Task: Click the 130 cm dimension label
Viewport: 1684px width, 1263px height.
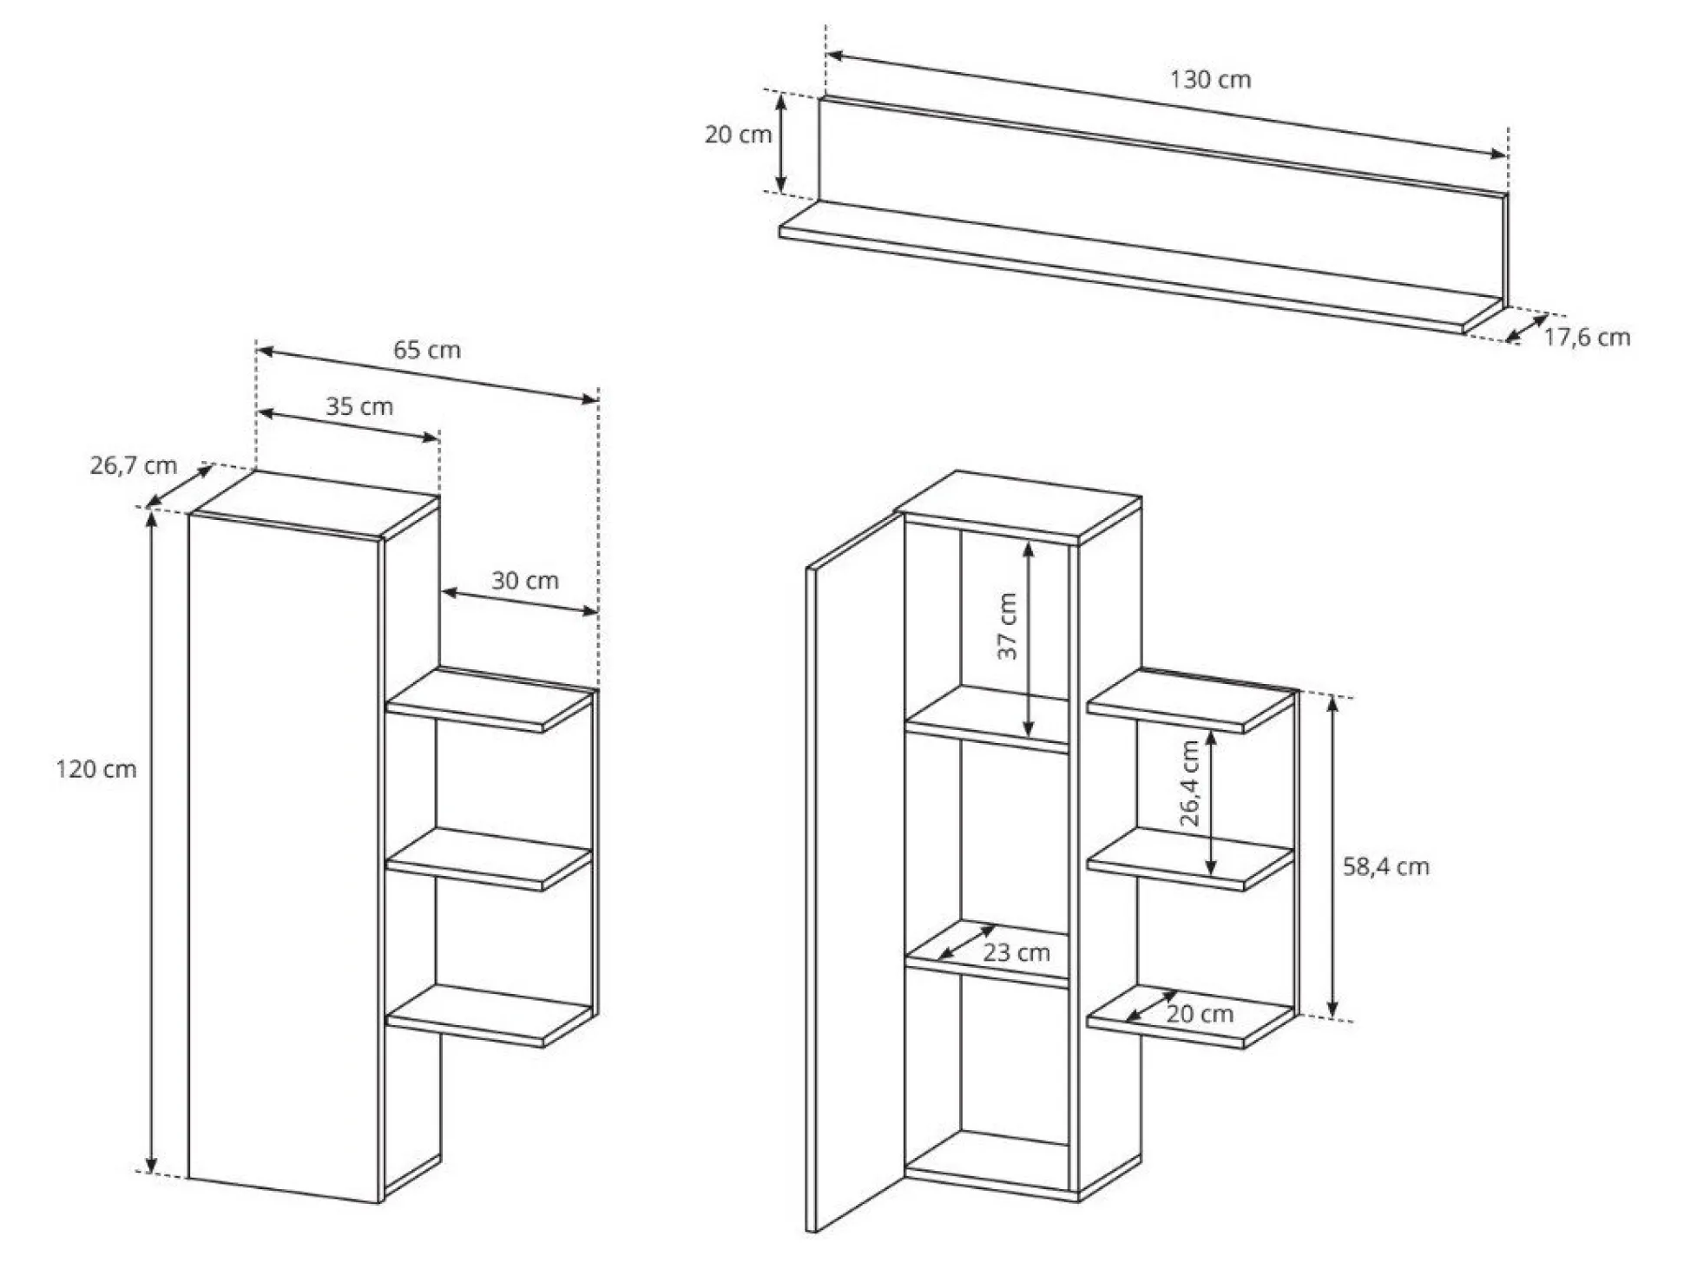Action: tap(1210, 80)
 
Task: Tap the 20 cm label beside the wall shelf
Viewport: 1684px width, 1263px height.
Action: tap(738, 135)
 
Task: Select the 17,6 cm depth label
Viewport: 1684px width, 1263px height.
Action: tap(1587, 337)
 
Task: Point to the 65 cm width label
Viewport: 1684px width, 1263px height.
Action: tap(427, 350)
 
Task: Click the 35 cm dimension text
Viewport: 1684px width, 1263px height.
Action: tap(359, 406)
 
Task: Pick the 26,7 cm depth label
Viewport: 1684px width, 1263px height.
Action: tap(134, 465)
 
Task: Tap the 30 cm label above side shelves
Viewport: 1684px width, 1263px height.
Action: tap(525, 580)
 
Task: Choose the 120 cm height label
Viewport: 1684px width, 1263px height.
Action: tap(96, 769)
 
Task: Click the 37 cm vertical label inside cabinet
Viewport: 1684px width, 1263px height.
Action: tap(1007, 626)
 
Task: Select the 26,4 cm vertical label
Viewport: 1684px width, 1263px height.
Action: tap(1189, 783)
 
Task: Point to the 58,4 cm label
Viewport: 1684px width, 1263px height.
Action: tap(1386, 866)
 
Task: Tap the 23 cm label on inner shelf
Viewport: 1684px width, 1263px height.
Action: tap(1016, 952)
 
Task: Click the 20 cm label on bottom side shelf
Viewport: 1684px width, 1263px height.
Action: tap(1200, 1013)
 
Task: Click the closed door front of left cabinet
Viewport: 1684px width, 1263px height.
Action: tap(285, 858)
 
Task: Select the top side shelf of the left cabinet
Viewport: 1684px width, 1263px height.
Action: tap(490, 701)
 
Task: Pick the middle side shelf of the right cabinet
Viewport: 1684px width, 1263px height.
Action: tap(1191, 859)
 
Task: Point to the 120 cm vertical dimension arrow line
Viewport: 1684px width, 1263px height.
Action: tap(152, 841)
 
